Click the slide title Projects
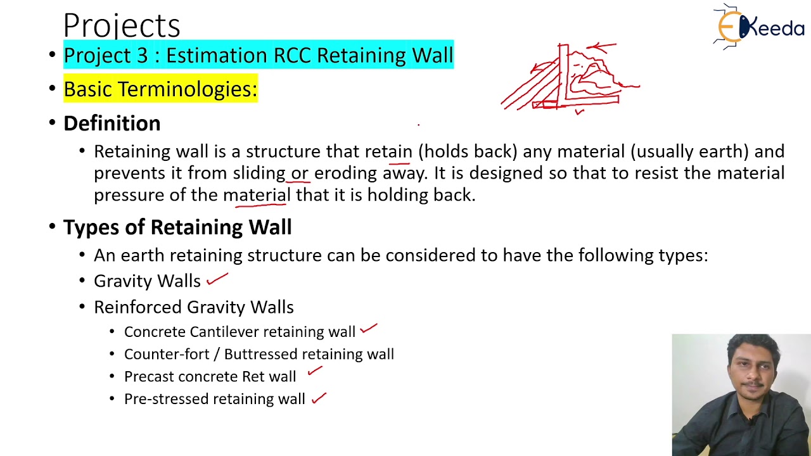click(122, 26)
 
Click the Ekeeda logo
click(758, 27)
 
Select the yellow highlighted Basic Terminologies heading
click(160, 89)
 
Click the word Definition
click(112, 123)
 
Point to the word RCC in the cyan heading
click(293, 55)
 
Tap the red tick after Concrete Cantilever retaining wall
click(368, 328)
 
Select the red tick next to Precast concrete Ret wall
click(315, 372)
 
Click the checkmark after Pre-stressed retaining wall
click(319, 398)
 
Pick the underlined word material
click(257, 194)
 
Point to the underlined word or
click(300, 173)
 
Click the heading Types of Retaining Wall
click(177, 227)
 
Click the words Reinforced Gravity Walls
click(194, 307)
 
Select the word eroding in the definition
click(345, 173)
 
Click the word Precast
click(149, 376)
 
